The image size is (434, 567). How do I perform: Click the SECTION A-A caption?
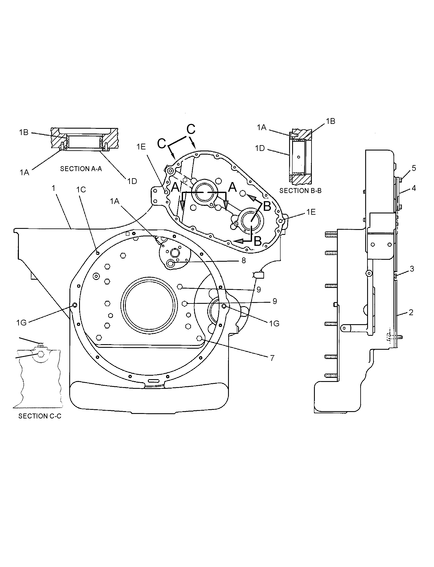point(81,169)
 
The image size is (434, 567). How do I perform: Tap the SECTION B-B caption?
point(300,191)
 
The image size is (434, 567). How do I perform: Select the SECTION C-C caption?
point(40,416)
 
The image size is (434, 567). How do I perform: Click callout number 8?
point(244,260)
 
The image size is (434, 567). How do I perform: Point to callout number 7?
point(272,358)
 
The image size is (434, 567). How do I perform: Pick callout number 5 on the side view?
point(414,168)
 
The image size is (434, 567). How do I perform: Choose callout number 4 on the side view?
point(414,188)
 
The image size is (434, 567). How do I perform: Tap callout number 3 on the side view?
point(412,269)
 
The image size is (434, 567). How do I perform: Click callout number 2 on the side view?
point(411,312)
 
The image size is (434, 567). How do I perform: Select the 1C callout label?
point(81,190)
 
